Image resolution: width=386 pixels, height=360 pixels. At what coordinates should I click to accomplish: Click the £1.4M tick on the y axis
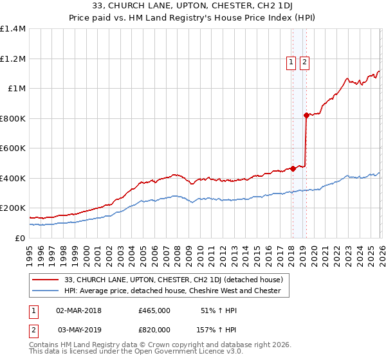[13, 29]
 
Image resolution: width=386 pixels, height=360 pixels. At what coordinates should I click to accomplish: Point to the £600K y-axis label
[13, 148]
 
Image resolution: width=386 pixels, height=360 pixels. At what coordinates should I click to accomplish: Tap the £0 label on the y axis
[20, 238]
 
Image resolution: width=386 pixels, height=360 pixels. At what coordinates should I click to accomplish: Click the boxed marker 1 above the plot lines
[291, 62]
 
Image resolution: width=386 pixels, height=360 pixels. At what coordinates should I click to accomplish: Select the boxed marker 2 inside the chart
[304, 62]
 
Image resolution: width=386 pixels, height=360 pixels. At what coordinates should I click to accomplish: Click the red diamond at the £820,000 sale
[306, 116]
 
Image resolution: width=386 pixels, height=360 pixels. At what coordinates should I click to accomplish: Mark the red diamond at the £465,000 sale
[293, 168]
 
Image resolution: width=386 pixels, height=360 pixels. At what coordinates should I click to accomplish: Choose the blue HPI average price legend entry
[172, 291]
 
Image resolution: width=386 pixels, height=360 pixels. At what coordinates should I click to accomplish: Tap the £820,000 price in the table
[154, 329]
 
